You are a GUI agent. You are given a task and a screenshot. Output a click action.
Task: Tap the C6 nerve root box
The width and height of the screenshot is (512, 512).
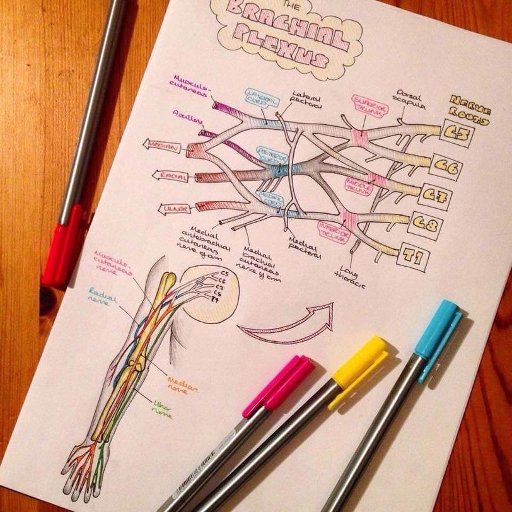pyautogui.click(x=447, y=166)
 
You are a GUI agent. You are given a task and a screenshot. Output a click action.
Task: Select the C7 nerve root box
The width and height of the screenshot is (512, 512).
pyautogui.click(x=436, y=196)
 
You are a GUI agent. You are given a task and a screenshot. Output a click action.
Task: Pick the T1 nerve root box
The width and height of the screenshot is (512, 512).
pyautogui.click(x=414, y=257)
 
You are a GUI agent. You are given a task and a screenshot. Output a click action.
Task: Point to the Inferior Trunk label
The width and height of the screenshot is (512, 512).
pyautogui.click(x=333, y=231)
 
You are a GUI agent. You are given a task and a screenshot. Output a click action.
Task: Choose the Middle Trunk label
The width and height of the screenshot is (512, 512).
pyautogui.click(x=360, y=185)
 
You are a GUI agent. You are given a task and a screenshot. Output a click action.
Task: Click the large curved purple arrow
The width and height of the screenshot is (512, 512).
pyautogui.click(x=287, y=323)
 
